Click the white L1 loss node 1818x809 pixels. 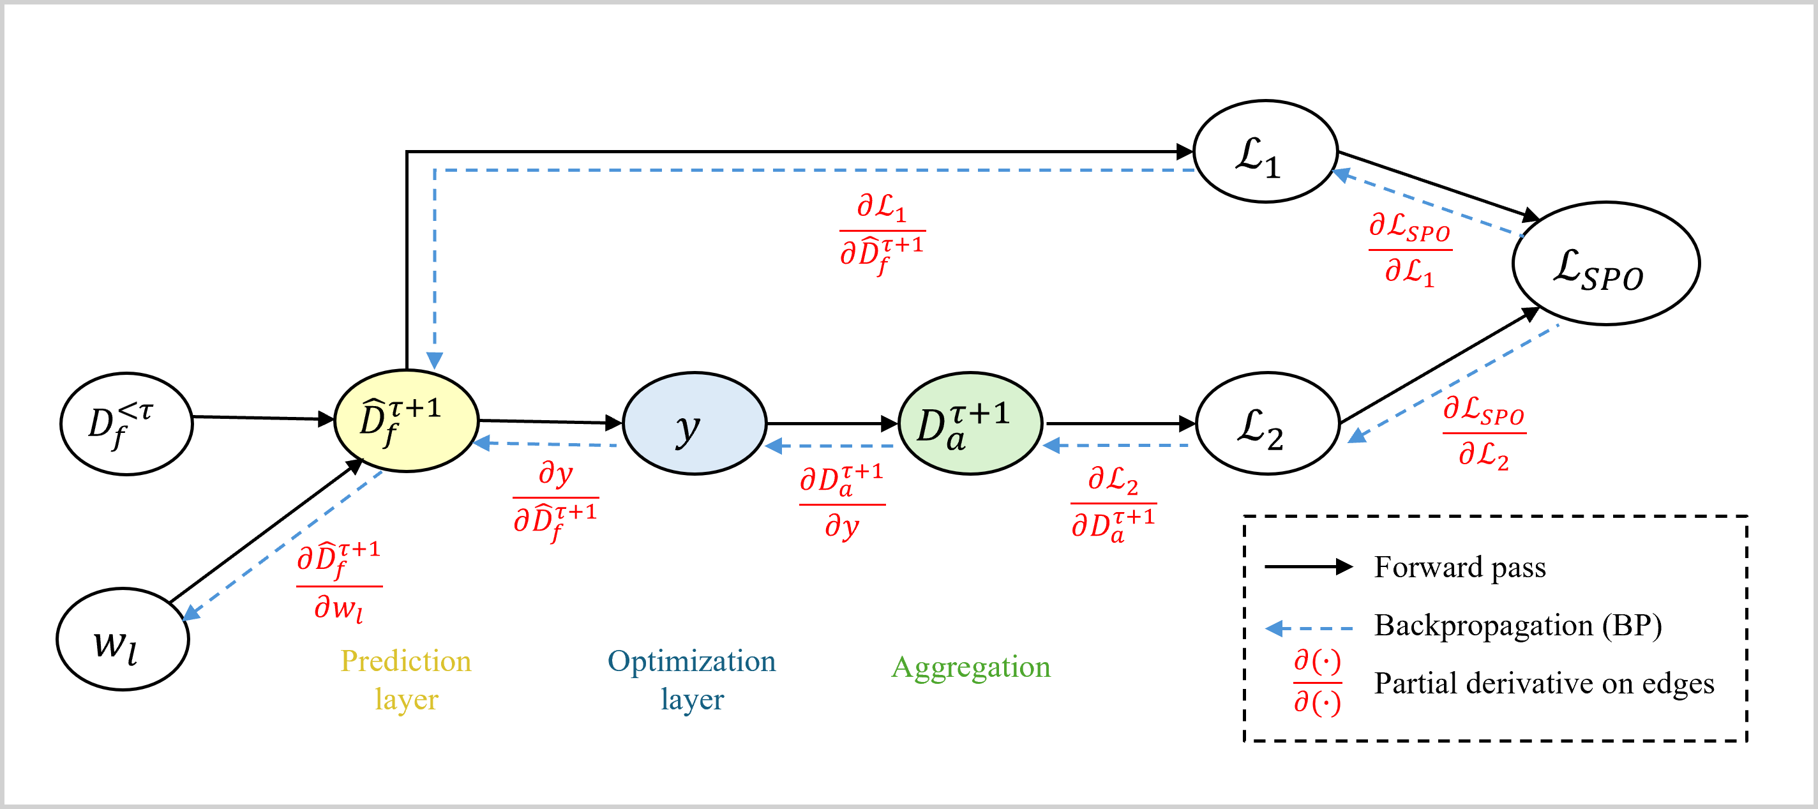[1265, 152]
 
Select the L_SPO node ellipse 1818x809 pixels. [1605, 264]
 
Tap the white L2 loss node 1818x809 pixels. [1268, 423]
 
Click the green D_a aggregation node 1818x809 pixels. [970, 423]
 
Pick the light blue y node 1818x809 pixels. [695, 423]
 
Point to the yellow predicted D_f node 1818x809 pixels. [407, 421]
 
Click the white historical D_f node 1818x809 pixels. [126, 423]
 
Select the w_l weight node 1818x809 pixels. [123, 640]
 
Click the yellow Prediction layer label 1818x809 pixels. [406, 680]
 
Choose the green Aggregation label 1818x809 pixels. [970, 667]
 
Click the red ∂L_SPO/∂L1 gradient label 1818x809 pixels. [1410, 250]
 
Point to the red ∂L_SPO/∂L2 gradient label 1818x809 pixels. [1484, 433]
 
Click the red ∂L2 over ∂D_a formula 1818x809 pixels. [1114, 503]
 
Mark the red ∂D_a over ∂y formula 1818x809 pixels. [842, 503]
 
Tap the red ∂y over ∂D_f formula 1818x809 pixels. [556, 499]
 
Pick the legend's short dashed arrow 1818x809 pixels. [1309, 628]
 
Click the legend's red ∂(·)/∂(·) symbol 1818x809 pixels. [1318, 682]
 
